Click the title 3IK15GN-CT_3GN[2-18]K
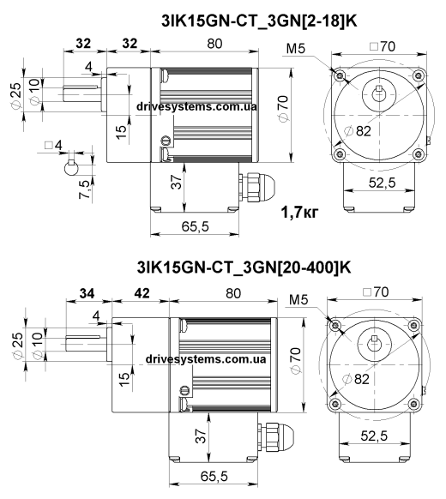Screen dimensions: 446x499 click(259, 21)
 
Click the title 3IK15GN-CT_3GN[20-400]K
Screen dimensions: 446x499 click(244, 268)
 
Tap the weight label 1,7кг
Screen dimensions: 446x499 click(299, 212)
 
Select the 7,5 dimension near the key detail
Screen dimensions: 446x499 click(84, 189)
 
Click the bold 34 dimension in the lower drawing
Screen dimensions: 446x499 click(87, 293)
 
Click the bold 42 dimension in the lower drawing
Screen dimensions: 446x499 click(142, 293)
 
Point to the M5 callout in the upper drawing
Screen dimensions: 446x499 click(296, 48)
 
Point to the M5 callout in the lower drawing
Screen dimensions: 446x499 click(299, 299)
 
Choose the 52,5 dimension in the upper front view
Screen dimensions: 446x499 click(382, 183)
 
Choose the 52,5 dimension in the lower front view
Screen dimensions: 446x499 click(374, 436)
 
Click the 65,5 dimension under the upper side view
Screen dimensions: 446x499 click(196, 226)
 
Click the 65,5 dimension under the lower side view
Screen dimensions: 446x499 click(214, 477)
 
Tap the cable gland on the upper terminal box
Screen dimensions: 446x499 click(256, 188)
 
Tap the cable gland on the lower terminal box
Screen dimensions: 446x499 click(275, 436)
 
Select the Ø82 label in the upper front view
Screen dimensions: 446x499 click(359, 131)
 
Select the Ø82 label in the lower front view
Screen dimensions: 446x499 click(356, 379)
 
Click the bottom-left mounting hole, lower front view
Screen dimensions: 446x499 click(334, 404)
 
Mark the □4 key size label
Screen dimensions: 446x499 click(53, 146)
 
